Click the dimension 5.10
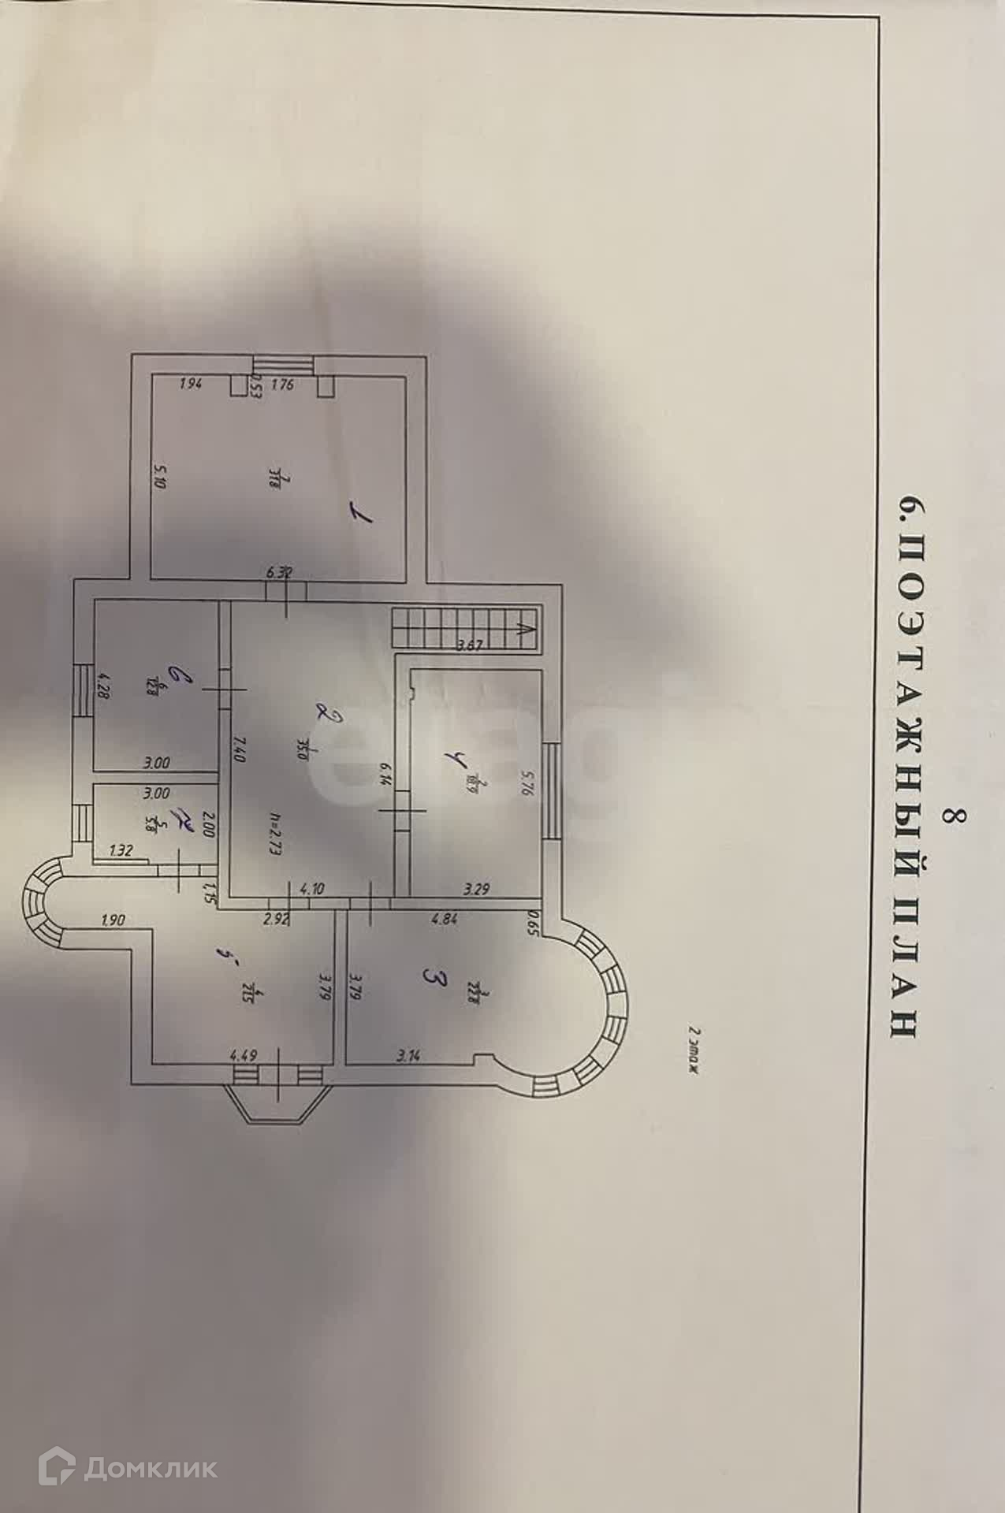point(161,476)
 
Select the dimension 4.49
point(243,1054)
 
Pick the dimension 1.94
point(192,385)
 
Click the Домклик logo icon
point(57,1467)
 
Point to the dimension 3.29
point(477,890)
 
